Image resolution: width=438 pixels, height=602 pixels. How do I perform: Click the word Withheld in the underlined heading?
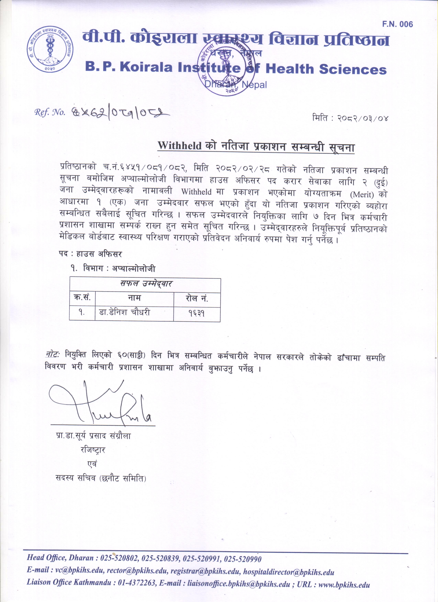click(179, 146)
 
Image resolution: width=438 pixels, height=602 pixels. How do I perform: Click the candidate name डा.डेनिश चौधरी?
click(124, 312)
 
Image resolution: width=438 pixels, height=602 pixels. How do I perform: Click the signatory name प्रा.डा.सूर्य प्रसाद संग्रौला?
click(93, 436)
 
